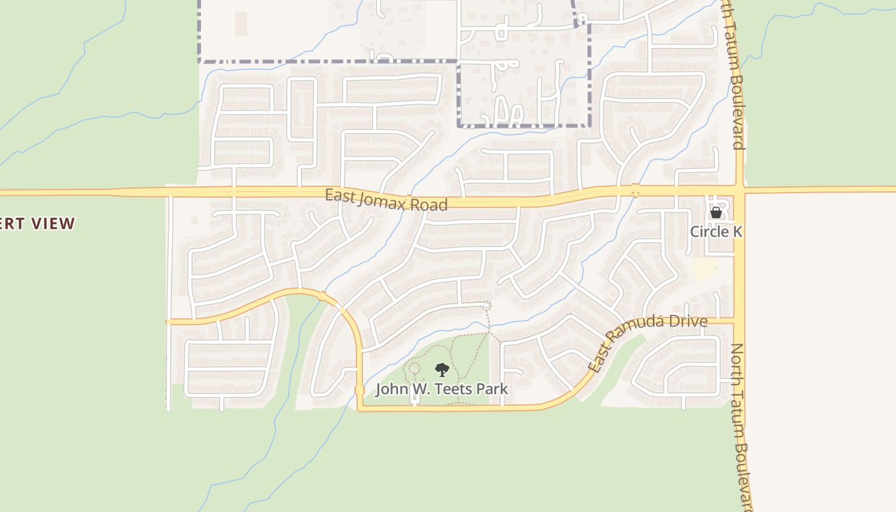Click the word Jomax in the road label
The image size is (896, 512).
click(383, 200)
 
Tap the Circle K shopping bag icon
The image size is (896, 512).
click(716, 212)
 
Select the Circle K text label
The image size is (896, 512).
click(716, 231)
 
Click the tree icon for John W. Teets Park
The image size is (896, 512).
click(442, 369)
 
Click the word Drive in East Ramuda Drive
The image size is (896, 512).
click(687, 321)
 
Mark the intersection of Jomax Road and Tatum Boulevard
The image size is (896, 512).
click(739, 191)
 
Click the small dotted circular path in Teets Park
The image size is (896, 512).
click(414, 368)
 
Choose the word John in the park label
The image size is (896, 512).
click(390, 389)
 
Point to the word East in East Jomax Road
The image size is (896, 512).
click(339, 195)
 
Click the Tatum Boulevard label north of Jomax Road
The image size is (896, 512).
click(733, 77)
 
